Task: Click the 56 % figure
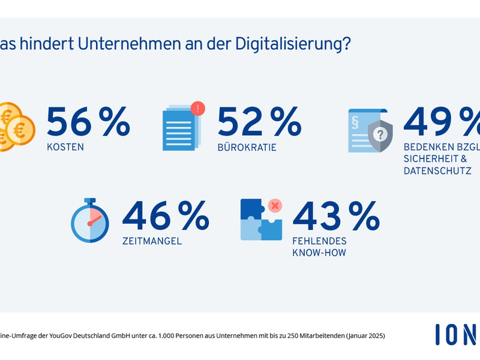click(88, 122)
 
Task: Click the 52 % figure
click(259, 122)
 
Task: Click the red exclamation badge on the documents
click(197, 109)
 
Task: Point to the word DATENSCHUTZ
click(437, 171)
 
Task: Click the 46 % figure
click(166, 216)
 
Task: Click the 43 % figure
click(335, 216)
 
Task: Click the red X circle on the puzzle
click(275, 206)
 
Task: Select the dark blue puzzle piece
click(252, 210)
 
